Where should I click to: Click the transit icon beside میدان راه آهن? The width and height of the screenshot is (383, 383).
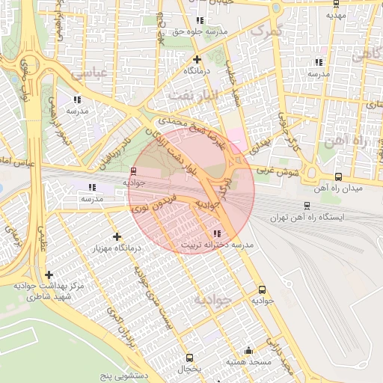(x=338, y=177)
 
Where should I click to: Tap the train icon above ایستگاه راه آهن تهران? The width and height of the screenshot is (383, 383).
(x=307, y=205)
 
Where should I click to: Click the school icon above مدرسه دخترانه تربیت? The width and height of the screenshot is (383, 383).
(x=217, y=233)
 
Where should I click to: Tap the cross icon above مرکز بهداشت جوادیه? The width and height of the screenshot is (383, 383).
(x=49, y=275)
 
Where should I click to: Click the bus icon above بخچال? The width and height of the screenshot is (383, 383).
(x=189, y=358)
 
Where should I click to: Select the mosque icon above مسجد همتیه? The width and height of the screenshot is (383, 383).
(x=249, y=350)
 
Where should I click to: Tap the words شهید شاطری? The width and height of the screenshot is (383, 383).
(x=49, y=296)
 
